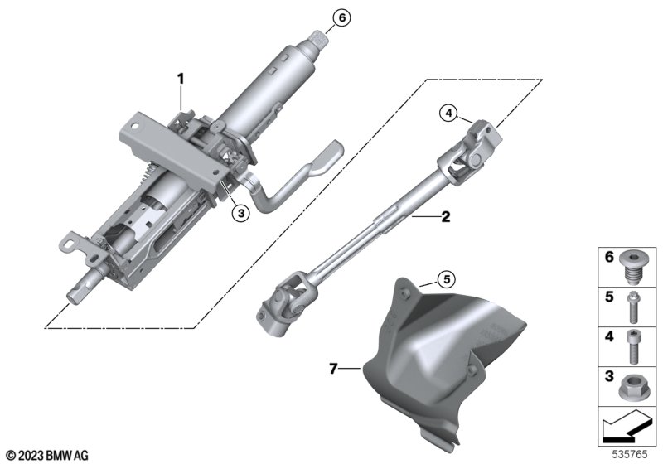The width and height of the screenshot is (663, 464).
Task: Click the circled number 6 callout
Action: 341,17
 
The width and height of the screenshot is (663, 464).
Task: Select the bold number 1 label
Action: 181,79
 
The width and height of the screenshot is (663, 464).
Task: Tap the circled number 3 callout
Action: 241,213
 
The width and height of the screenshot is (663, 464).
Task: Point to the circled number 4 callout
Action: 448,113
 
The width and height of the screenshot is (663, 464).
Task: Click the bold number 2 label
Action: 446,217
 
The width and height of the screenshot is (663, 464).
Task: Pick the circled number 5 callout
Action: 447,279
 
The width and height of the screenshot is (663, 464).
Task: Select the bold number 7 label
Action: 334,369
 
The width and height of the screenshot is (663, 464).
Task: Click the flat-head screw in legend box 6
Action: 633,267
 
